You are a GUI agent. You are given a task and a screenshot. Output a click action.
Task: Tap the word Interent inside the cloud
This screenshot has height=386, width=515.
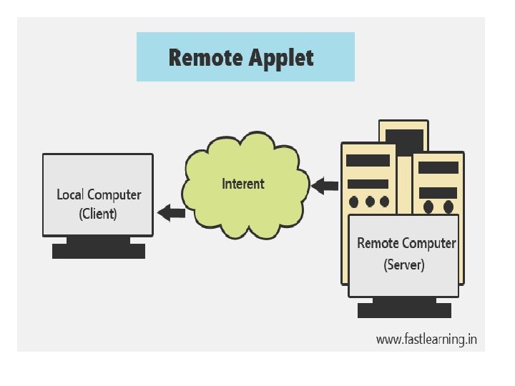click(243, 184)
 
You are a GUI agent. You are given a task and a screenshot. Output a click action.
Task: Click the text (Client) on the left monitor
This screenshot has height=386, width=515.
click(98, 213)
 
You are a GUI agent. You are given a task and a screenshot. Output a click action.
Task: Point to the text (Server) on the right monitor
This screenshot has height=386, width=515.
click(404, 264)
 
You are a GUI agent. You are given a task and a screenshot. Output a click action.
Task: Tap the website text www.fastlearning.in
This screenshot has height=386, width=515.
click(426, 340)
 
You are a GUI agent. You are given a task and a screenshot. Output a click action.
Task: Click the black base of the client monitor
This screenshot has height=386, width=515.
click(98, 251)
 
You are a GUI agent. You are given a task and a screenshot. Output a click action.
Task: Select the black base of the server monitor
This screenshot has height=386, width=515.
click(404, 310)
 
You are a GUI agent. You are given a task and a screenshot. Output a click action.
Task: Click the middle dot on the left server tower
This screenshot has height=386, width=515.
click(370, 202)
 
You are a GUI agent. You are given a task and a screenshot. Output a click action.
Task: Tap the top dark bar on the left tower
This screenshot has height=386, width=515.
click(368, 161)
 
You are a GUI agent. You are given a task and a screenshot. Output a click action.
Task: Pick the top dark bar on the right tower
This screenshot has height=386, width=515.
click(438, 167)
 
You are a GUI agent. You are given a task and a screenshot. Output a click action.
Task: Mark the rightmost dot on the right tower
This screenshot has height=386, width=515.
click(448, 207)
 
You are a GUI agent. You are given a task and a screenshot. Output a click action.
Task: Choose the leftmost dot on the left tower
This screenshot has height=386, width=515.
click(355, 202)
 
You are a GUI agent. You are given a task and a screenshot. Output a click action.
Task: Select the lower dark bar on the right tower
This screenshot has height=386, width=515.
click(438, 192)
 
